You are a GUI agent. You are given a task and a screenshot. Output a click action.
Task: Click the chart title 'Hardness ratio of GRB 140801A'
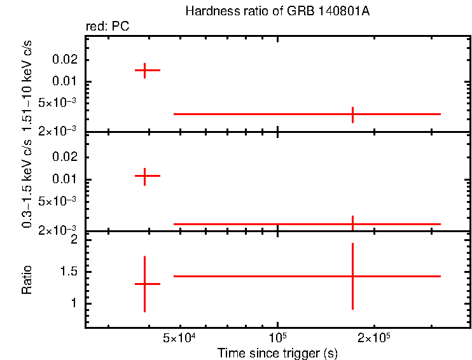(x=277, y=11)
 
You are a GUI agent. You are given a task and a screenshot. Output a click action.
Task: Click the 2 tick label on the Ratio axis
(x=74, y=240)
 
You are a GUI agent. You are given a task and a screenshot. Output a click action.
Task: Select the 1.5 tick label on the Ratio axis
(x=69, y=272)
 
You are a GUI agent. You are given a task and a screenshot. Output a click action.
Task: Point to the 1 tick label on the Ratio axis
(x=74, y=303)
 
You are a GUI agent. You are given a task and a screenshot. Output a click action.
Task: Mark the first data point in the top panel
(x=145, y=70)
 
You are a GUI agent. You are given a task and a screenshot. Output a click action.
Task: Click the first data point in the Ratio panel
(x=145, y=284)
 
